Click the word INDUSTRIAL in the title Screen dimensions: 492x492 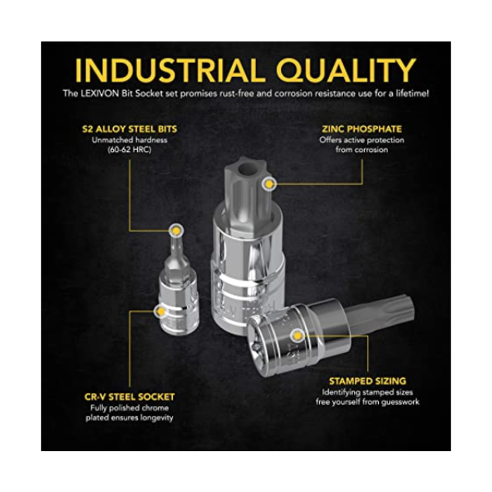170,70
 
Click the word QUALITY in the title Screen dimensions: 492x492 346,70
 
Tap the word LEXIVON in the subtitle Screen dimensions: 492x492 100,93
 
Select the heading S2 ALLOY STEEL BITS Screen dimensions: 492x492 129,129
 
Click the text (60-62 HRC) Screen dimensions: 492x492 129,150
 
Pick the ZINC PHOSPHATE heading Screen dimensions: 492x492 362,129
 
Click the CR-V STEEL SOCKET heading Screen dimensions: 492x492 129,397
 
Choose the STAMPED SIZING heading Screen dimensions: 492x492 368,381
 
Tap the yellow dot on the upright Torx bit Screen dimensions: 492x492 269,184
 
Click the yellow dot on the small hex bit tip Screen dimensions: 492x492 176,231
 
